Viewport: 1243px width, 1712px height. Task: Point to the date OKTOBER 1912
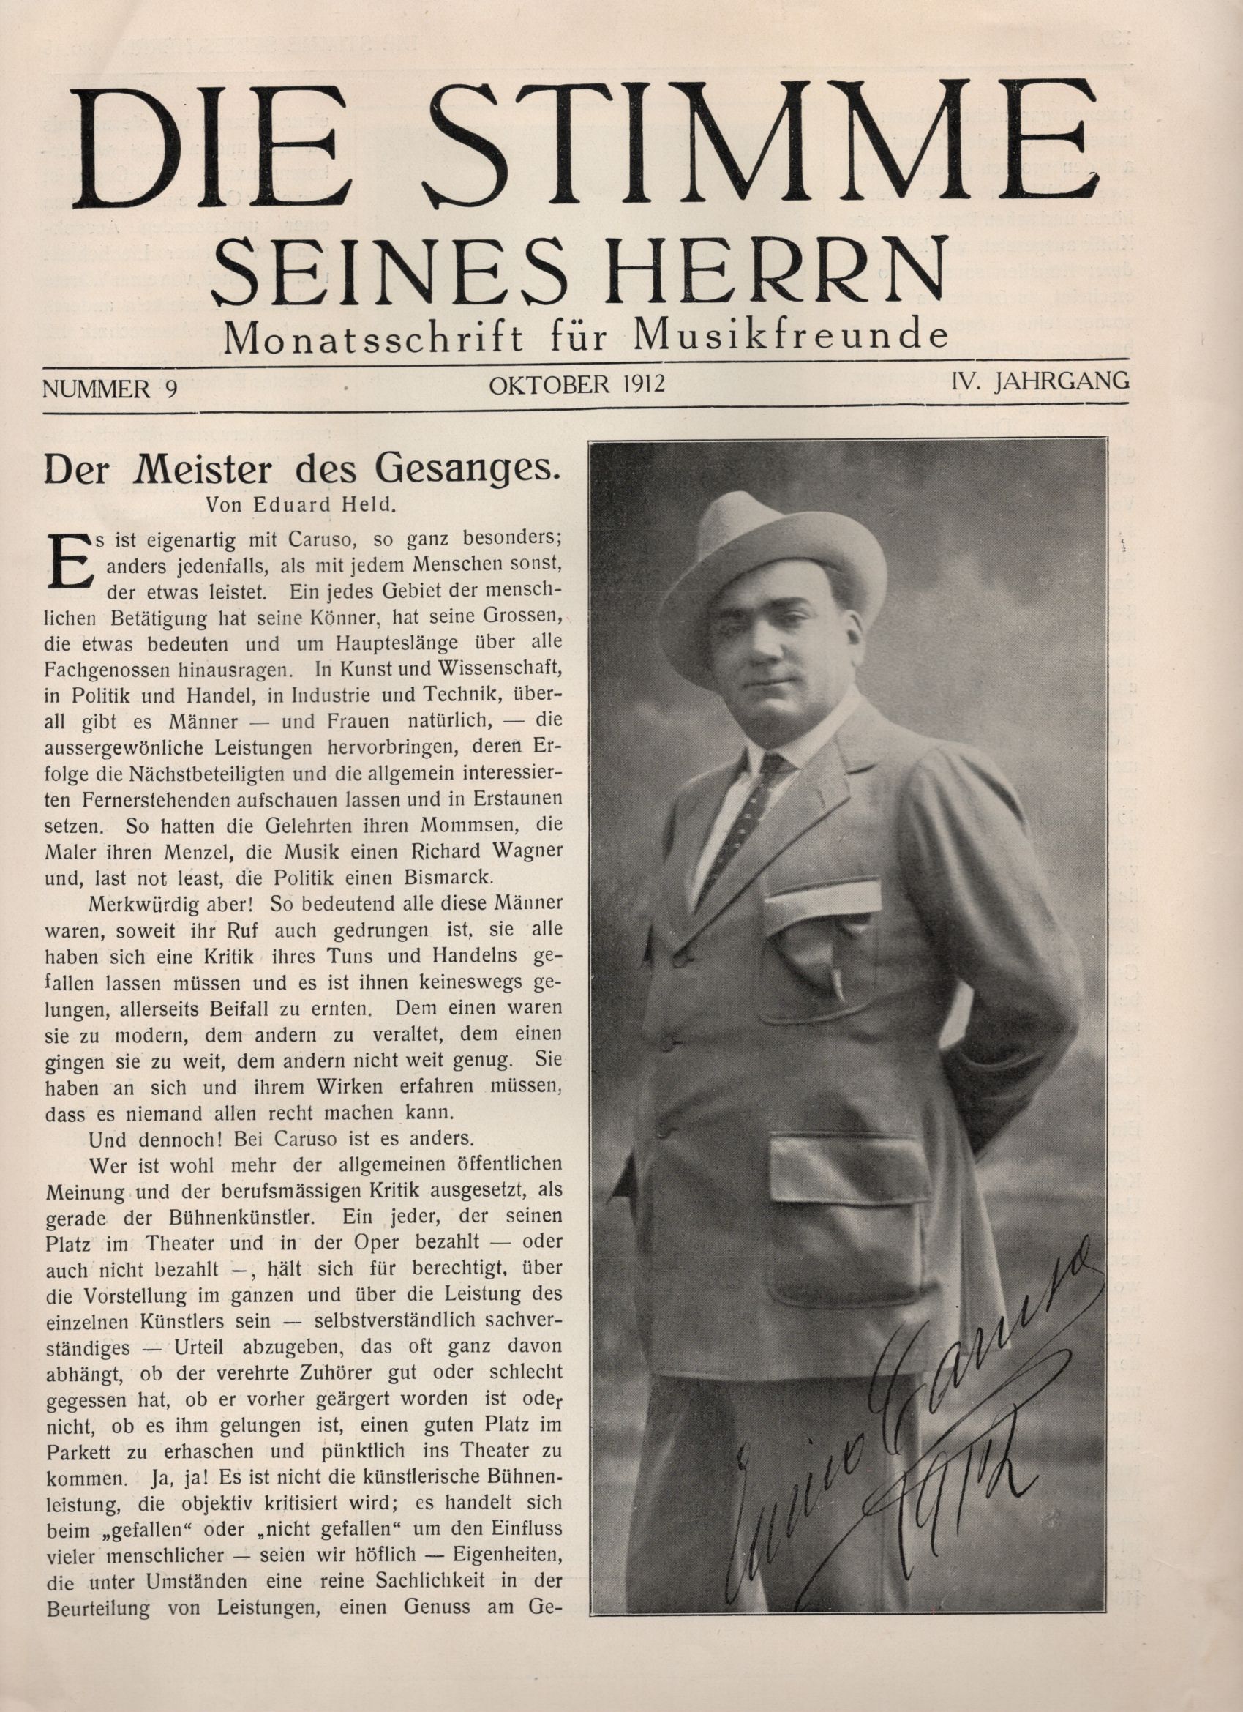pyautogui.click(x=577, y=385)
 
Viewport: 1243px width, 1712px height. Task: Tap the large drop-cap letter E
pyautogui.click(x=66, y=563)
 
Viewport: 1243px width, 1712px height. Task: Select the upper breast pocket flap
pyautogui.click(x=822, y=900)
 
